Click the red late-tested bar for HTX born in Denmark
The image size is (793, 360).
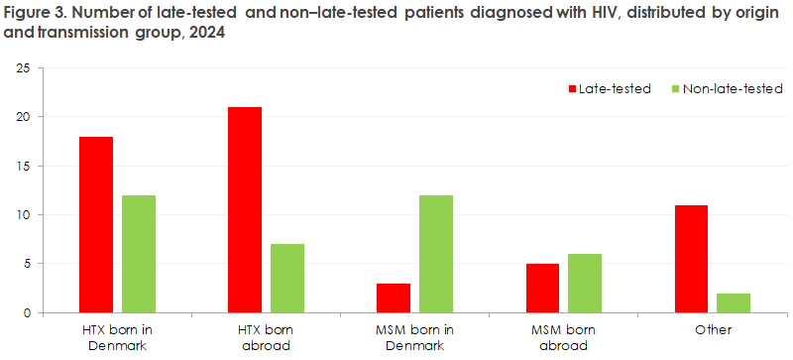[96, 225]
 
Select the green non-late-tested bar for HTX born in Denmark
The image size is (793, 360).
[138, 254]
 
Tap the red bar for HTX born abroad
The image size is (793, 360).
[245, 210]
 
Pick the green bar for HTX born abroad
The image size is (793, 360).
[286, 279]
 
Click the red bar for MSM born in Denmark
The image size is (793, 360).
[394, 299]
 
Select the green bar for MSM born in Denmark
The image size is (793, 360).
[435, 254]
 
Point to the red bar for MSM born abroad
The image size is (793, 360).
[542, 289]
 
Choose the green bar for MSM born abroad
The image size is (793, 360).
[584, 284]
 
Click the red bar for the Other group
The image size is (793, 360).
[691, 259]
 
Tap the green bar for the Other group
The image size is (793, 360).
[733, 303]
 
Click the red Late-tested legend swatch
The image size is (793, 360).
[572, 88]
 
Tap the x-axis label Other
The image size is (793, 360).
[712, 329]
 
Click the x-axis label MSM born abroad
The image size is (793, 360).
[563, 337]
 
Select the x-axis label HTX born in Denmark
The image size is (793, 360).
[117, 337]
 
